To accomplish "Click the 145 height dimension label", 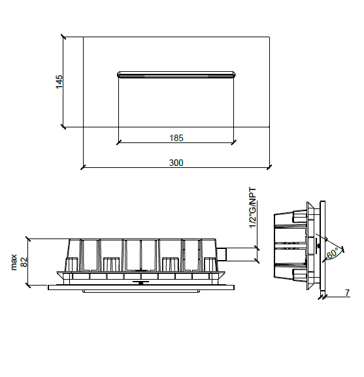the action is coord(59,82).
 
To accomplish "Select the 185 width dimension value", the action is coord(176,138).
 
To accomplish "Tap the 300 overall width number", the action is coord(176,163).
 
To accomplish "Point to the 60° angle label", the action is coord(333,254).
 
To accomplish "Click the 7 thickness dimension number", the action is coord(347,293).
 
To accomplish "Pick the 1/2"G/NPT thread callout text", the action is coord(253,208).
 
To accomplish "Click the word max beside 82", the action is coord(14,262).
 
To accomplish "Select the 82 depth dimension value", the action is coord(24,262).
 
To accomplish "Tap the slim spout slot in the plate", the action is coord(176,74).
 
